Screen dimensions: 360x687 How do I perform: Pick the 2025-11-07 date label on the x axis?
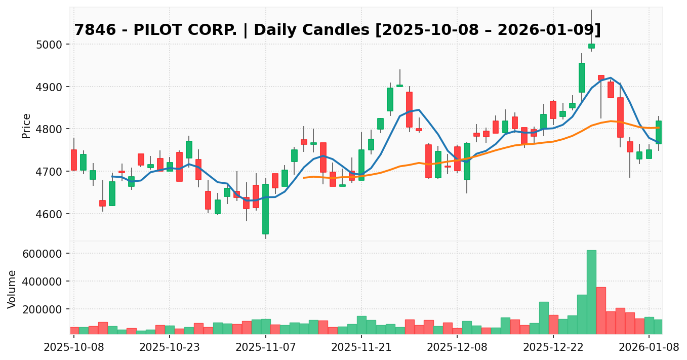coord(266,348)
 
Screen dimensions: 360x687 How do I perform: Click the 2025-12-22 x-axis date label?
coord(553,348)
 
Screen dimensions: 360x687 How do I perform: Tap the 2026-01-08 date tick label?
coord(649,348)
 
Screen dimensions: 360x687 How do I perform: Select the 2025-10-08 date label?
coord(74,348)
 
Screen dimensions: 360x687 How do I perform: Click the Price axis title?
coord(26,126)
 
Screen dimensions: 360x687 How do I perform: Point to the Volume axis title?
coord(12,289)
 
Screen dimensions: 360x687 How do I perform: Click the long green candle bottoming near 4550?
coord(265,209)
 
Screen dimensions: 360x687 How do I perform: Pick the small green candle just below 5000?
coord(591,46)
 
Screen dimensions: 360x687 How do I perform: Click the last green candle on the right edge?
coord(659,132)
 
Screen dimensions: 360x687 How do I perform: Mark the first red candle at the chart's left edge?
coord(74,160)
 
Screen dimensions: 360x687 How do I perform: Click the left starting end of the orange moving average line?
coord(304,178)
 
